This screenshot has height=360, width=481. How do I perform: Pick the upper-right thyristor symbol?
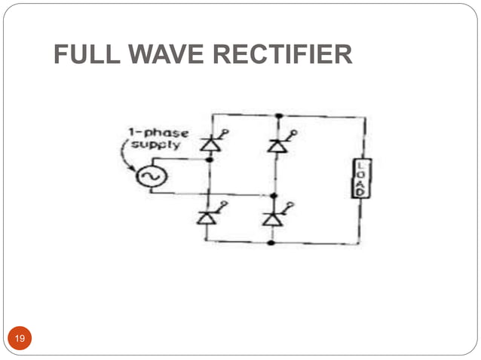tap(276, 145)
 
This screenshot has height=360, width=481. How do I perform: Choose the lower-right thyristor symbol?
tap(273, 218)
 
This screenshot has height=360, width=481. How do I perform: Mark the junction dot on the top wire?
tap(278, 115)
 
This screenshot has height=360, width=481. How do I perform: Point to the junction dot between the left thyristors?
tap(209, 160)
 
